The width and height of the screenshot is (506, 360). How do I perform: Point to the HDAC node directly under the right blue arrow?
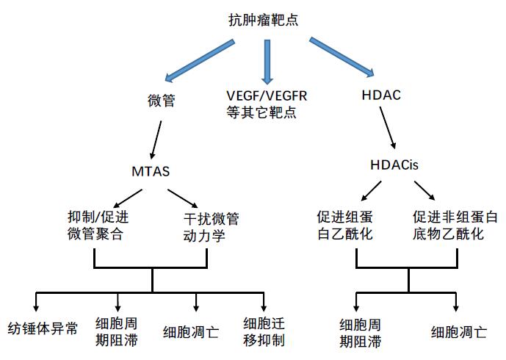click(x=382, y=96)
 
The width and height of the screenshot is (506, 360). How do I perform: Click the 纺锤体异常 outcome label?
click(x=42, y=328)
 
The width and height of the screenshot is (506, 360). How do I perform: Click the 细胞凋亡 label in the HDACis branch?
click(x=458, y=331)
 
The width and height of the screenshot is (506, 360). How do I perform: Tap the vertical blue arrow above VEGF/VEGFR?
click(x=267, y=59)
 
